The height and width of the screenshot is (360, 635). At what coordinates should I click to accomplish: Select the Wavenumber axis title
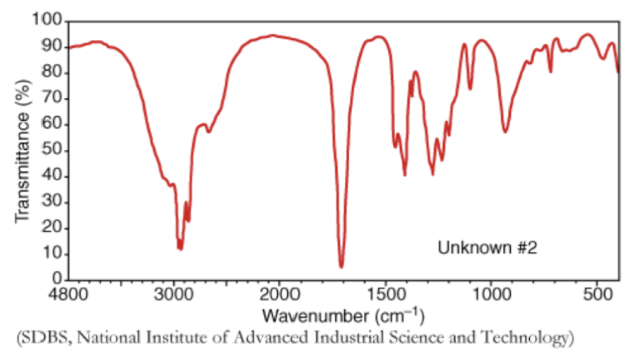click(x=342, y=316)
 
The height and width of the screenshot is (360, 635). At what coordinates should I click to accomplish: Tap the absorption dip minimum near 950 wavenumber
click(x=505, y=132)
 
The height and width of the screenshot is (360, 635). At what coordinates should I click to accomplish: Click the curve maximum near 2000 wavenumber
click(x=273, y=35)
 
